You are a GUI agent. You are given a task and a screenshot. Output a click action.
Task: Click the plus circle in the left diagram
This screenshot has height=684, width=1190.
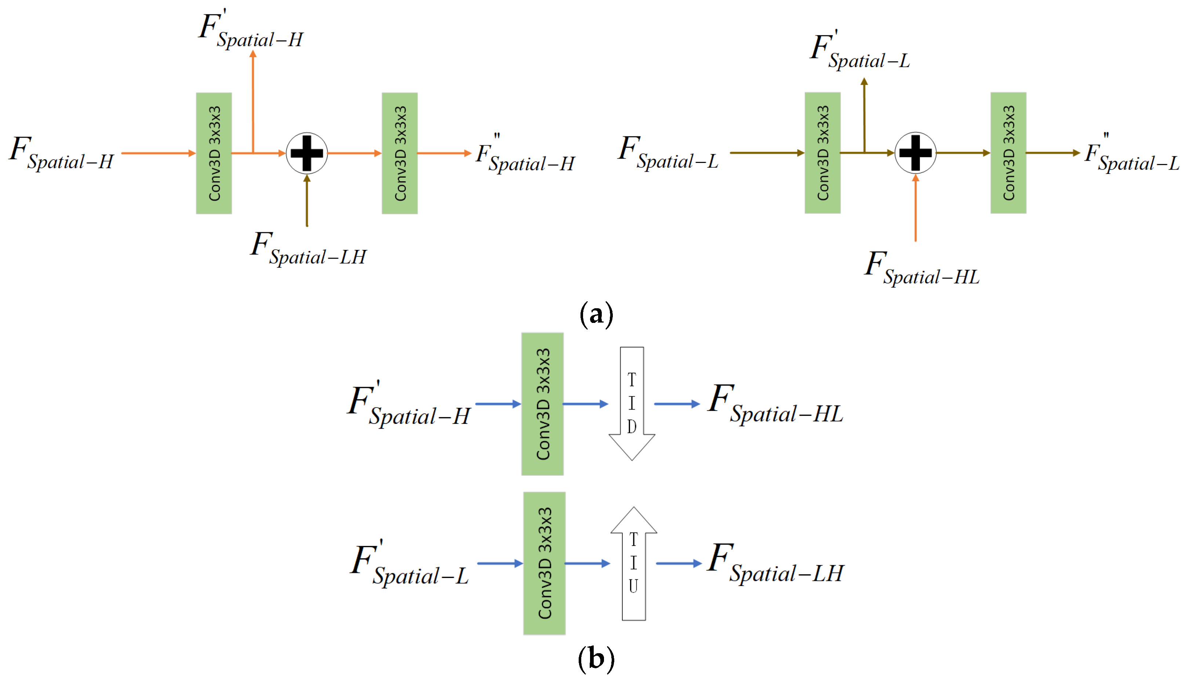point(307,153)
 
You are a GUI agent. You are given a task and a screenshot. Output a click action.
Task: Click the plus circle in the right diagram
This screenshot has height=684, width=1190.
point(915,153)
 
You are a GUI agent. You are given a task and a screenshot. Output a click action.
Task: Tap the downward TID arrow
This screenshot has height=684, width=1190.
point(632,404)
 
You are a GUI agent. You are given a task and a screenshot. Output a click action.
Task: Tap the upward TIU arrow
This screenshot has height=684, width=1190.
point(633,563)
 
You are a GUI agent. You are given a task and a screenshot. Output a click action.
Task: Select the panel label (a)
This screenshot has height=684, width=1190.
point(596,314)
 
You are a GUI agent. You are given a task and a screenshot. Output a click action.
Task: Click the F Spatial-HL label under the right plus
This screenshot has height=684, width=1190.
point(922,269)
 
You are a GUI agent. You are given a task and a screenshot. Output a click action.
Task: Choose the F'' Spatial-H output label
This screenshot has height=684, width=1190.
point(525,155)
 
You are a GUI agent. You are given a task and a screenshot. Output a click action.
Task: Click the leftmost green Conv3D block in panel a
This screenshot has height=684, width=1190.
point(214,153)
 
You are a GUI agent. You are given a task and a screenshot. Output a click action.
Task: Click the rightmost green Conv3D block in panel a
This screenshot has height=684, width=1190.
point(1008,153)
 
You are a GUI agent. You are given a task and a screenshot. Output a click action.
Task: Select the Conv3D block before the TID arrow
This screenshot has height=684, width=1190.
point(542,404)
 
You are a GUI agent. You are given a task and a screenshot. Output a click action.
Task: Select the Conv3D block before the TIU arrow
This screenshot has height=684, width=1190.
point(544,563)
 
